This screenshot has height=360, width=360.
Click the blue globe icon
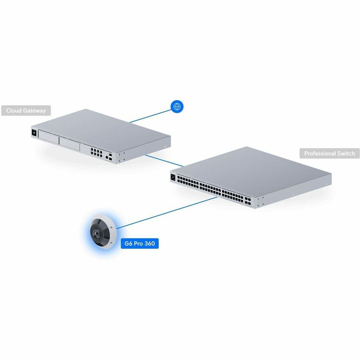177,106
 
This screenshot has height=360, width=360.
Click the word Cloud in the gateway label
14,111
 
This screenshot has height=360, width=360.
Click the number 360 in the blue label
150,244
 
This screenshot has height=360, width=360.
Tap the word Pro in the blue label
138,244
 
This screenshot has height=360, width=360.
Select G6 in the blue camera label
128,244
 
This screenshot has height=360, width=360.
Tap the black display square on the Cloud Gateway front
34,133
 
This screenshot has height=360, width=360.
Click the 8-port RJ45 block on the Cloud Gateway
96,152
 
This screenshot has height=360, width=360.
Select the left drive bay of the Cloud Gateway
48,138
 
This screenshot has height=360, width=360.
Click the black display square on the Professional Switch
173,177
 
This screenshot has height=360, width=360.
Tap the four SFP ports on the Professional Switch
248,201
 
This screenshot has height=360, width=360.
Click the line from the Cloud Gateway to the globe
151,116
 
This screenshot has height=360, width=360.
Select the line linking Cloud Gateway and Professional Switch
164,160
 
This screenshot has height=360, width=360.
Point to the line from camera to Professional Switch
167,213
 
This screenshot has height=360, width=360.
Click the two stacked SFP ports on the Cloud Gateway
110,156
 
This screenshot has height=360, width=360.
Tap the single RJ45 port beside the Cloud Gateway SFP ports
107,157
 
